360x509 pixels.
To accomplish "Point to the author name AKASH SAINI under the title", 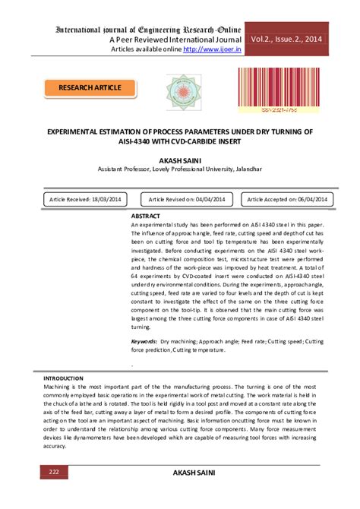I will pyautogui.click(x=180, y=161).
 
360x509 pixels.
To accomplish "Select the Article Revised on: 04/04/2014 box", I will pyautogui.click(x=187, y=198).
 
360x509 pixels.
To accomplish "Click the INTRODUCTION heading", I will pyautogui.click(x=63, y=378).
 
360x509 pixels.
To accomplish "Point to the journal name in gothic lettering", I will pyautogui.click(x=148, y=29).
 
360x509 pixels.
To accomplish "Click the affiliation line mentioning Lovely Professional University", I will pyautogui.click(x=180, y=170).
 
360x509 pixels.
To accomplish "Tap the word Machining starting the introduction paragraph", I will pyautogui.click(x=58, y=386).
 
